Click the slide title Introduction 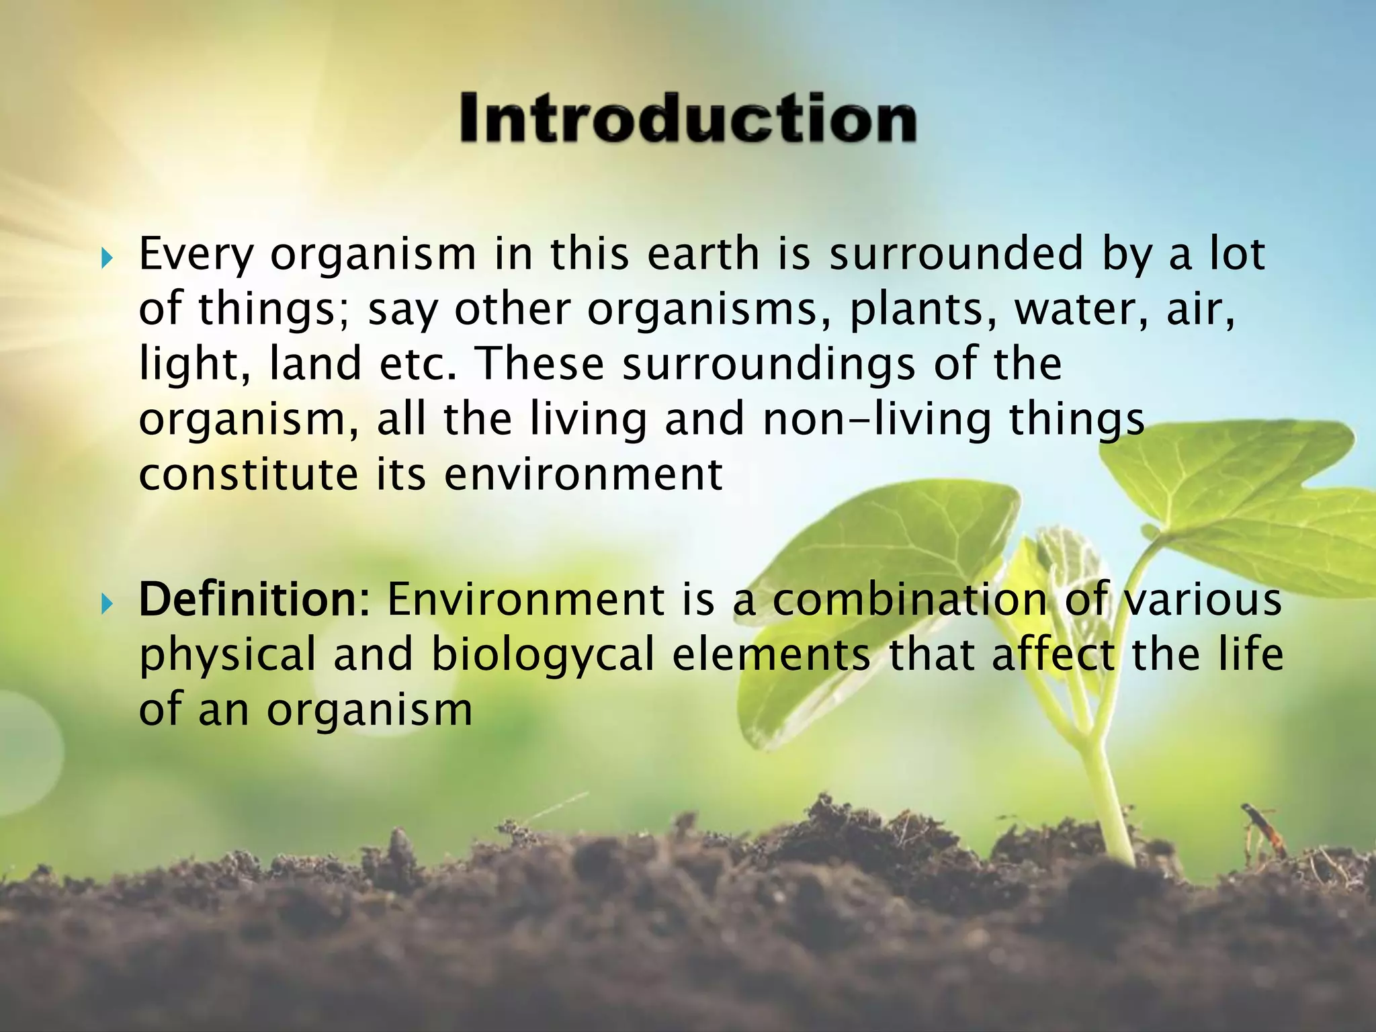click(x=687, y=119)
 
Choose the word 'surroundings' click(x=769, y=365)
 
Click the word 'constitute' click(x=249, y=474)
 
